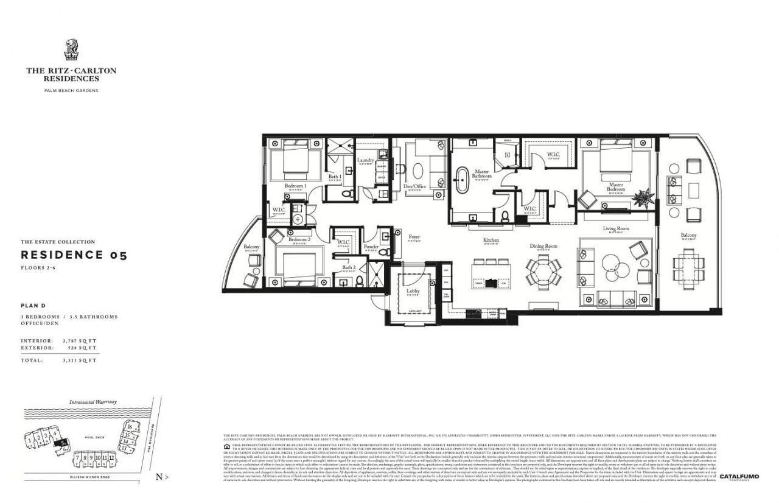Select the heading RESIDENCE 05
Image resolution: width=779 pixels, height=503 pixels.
pos(74,255)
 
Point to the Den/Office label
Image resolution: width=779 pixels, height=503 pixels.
pos(415,186)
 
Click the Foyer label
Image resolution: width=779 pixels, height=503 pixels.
pos(414,237)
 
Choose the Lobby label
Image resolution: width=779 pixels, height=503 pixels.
pos(413,291)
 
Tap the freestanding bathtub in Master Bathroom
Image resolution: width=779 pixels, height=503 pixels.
pos(463,181)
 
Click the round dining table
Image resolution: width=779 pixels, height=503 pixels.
pos(543,271)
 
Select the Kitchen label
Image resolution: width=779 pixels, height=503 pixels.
pos(491,241)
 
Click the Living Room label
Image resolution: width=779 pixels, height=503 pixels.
pos(616,229)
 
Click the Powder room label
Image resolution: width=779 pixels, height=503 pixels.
pos(371,247)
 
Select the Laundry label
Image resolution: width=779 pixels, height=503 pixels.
pos(366,160)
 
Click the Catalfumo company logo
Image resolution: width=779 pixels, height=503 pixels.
pos(739,477)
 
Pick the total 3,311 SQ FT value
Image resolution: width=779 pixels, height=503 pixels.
pos(80,361)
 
